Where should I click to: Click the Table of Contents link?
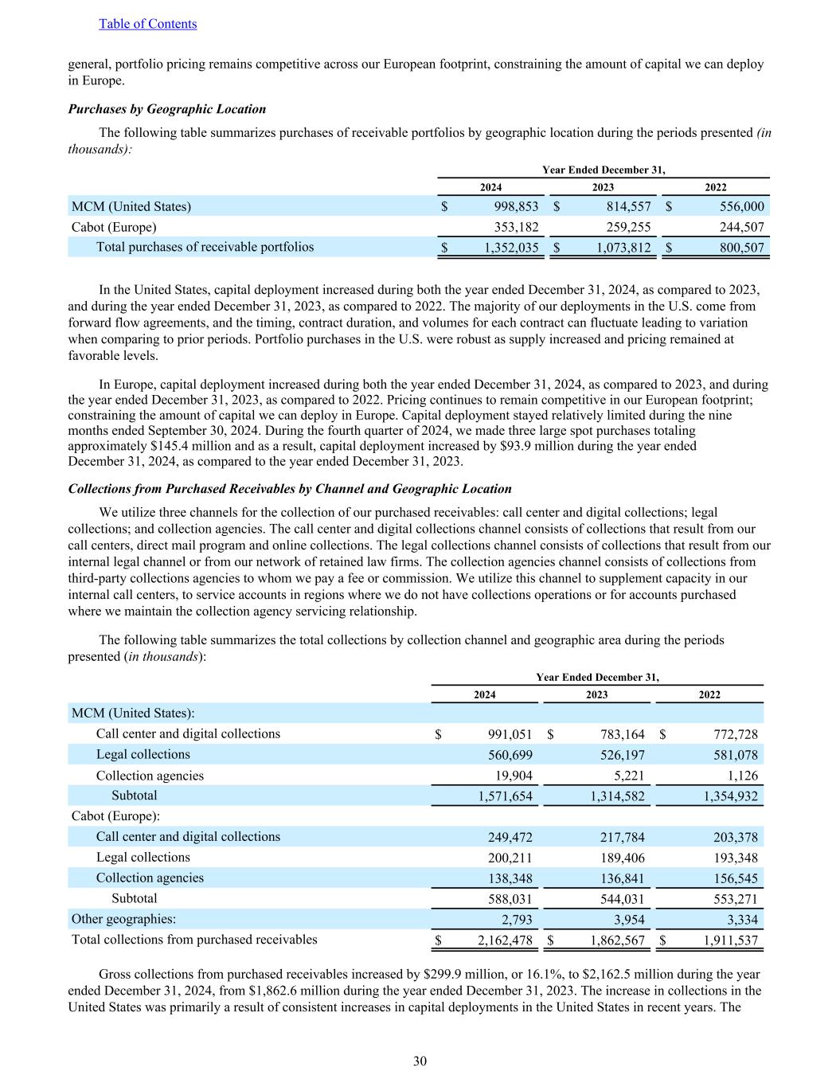(x=147, y=24)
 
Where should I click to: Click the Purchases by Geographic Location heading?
(x=167, y=109)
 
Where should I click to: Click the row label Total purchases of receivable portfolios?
(x=205, y=247)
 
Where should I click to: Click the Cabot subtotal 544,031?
(x=617, y=899)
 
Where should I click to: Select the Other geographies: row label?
(x=123, y=919)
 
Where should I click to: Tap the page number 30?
(x=420, y=1061)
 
